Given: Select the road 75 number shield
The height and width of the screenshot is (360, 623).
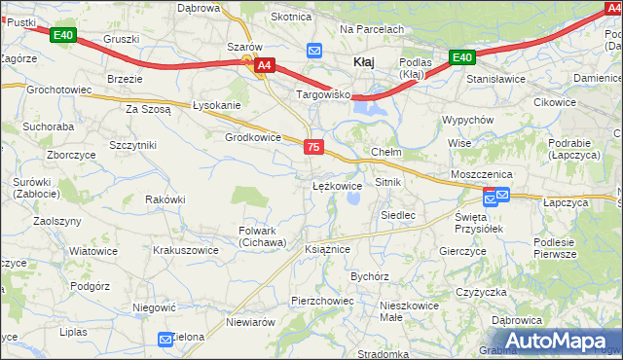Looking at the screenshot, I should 312,146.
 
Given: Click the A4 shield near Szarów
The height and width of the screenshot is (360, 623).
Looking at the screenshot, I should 263,66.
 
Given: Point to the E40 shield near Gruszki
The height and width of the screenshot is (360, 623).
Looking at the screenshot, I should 63,36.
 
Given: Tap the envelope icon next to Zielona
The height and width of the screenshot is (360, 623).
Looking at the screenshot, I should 165,338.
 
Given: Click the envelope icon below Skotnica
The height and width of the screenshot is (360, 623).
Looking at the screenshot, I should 314,50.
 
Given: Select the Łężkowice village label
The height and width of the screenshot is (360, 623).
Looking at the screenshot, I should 337,185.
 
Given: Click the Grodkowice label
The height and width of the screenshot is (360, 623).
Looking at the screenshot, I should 253,137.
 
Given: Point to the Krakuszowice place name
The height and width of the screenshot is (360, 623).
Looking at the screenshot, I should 186,250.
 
